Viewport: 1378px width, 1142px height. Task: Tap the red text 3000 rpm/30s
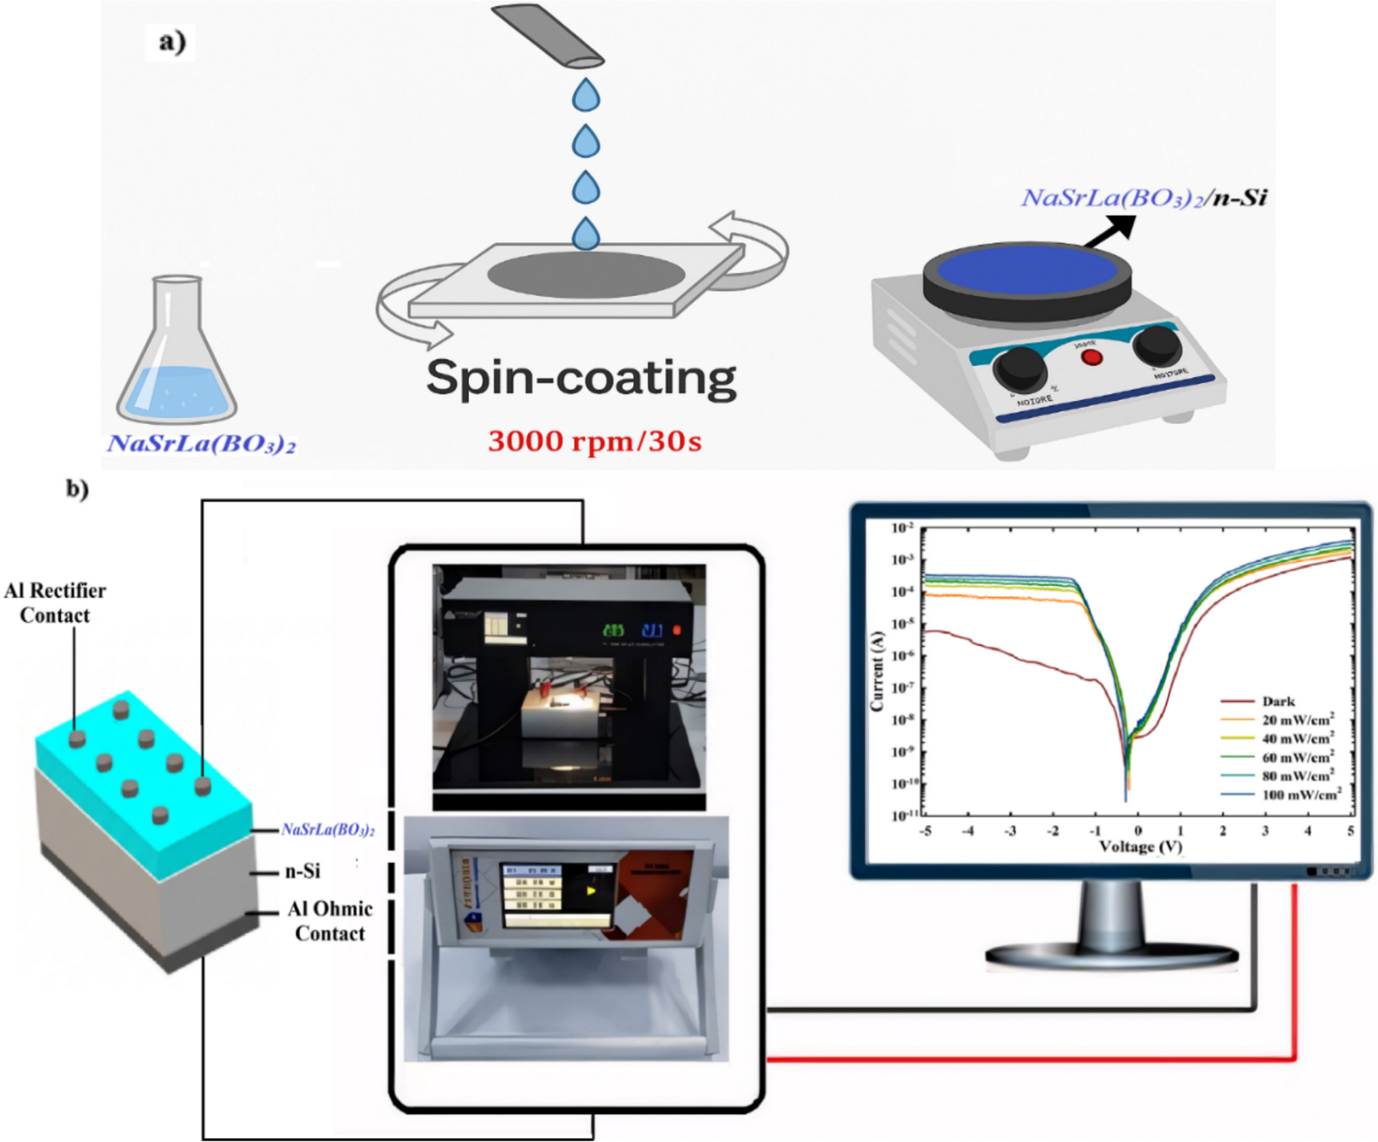(594, 442)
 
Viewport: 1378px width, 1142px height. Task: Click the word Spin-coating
(581, 378)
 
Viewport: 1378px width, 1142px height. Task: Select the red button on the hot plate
(1091, 357)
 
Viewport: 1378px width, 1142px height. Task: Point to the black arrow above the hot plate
(1111, 230)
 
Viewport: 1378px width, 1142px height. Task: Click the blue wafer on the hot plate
(1027, 272)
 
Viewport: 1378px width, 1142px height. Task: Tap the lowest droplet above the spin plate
(586, 234)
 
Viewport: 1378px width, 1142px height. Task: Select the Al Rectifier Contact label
(55, 603)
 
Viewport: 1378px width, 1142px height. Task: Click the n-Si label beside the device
(302, 871)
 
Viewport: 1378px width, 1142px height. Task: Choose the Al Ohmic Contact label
(330, 921)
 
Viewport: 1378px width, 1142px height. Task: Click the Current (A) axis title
(877, 671)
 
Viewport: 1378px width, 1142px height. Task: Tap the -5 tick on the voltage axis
(925, 831)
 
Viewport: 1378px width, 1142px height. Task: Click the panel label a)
(171, 42)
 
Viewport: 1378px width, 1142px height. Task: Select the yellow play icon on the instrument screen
(591, 891)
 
